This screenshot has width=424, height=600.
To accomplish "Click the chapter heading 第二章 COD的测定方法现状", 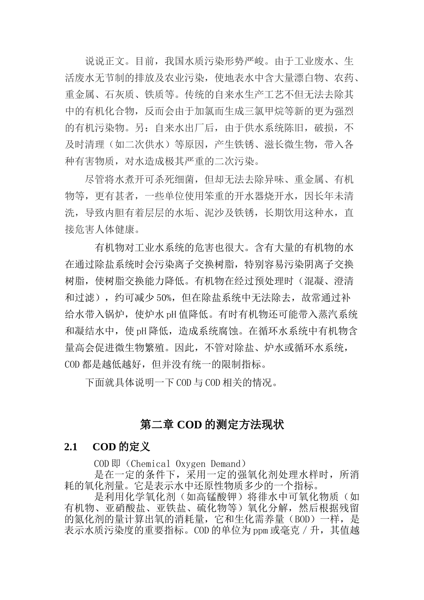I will tap(212, 425).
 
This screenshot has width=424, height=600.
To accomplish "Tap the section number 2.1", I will tap(71, 447).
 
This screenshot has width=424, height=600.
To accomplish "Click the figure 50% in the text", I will tap(163, 298).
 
